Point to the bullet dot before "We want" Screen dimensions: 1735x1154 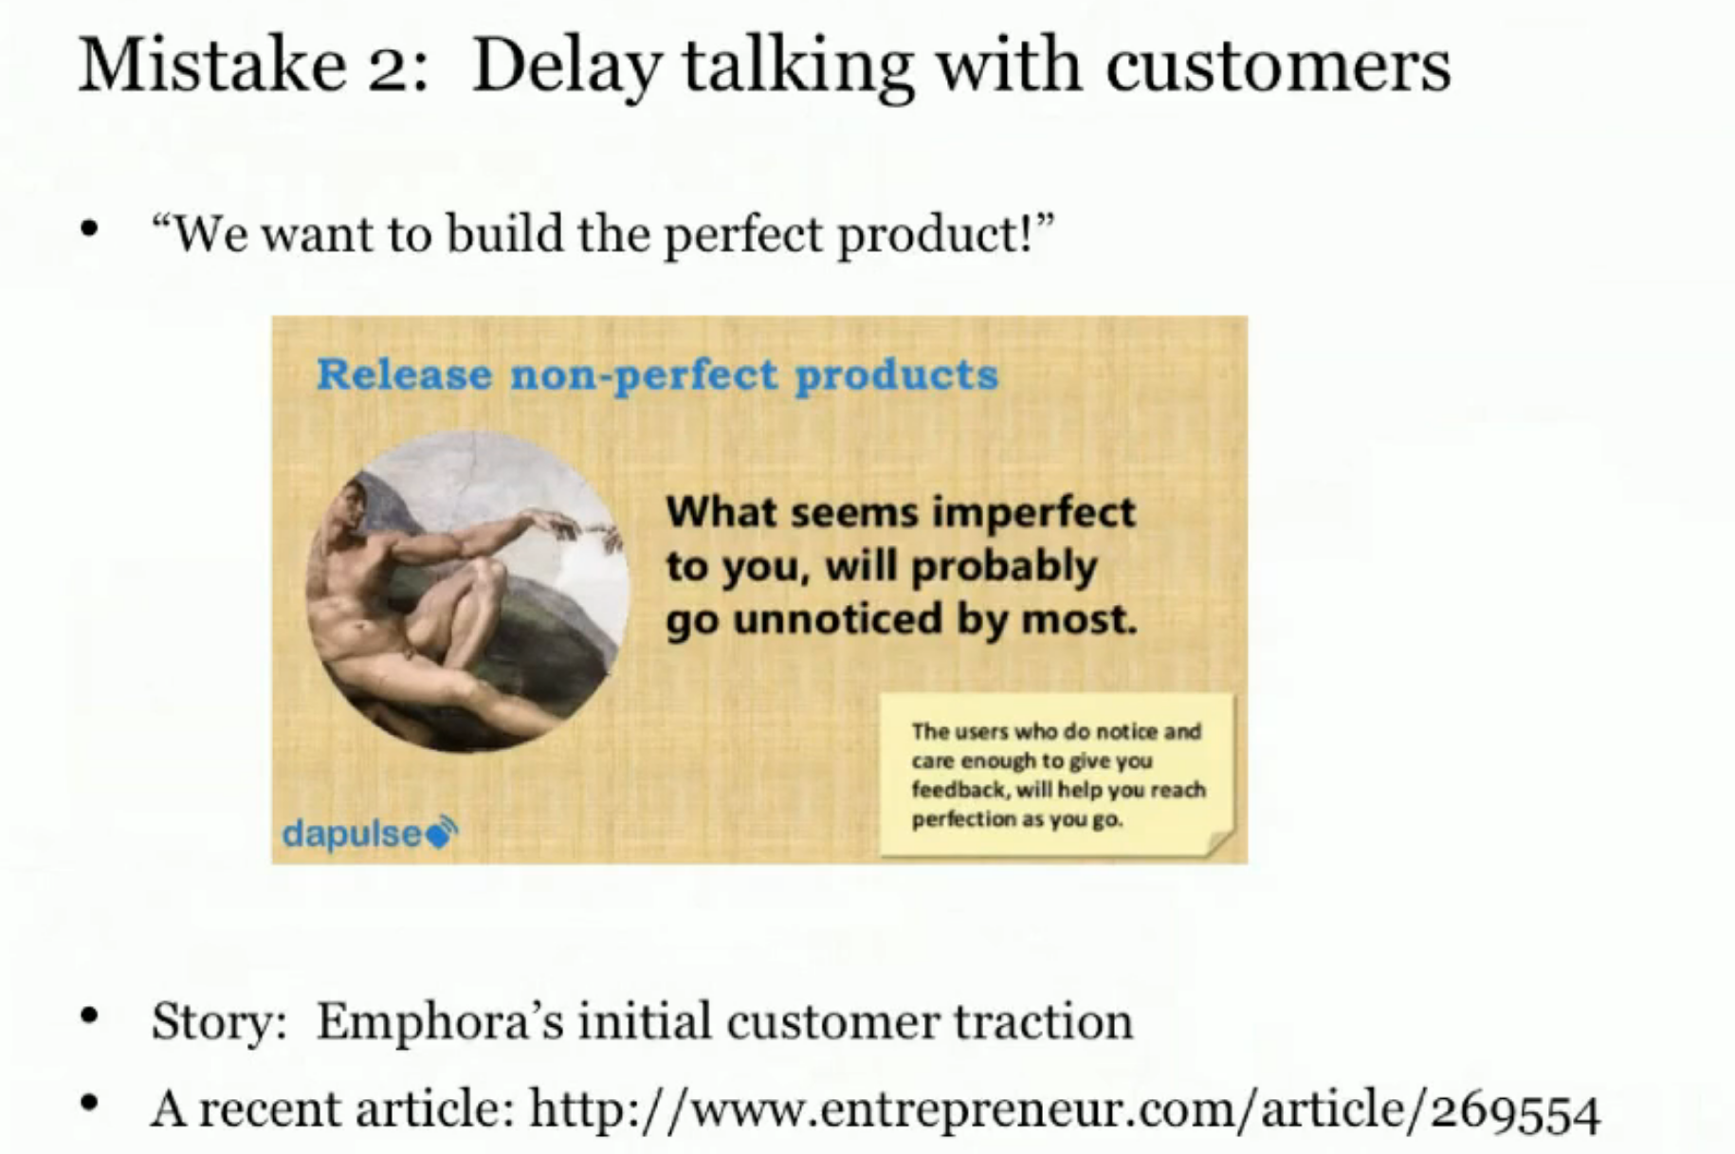point(90,229)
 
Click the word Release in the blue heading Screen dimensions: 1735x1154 point(405,374)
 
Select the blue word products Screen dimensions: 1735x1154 point(896,376)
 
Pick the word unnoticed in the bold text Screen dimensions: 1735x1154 point(837,619)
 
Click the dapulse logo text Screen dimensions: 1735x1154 point(352,833)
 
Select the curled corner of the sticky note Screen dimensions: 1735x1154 point(1221,842)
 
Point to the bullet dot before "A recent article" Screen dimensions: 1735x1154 point(90,1104)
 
